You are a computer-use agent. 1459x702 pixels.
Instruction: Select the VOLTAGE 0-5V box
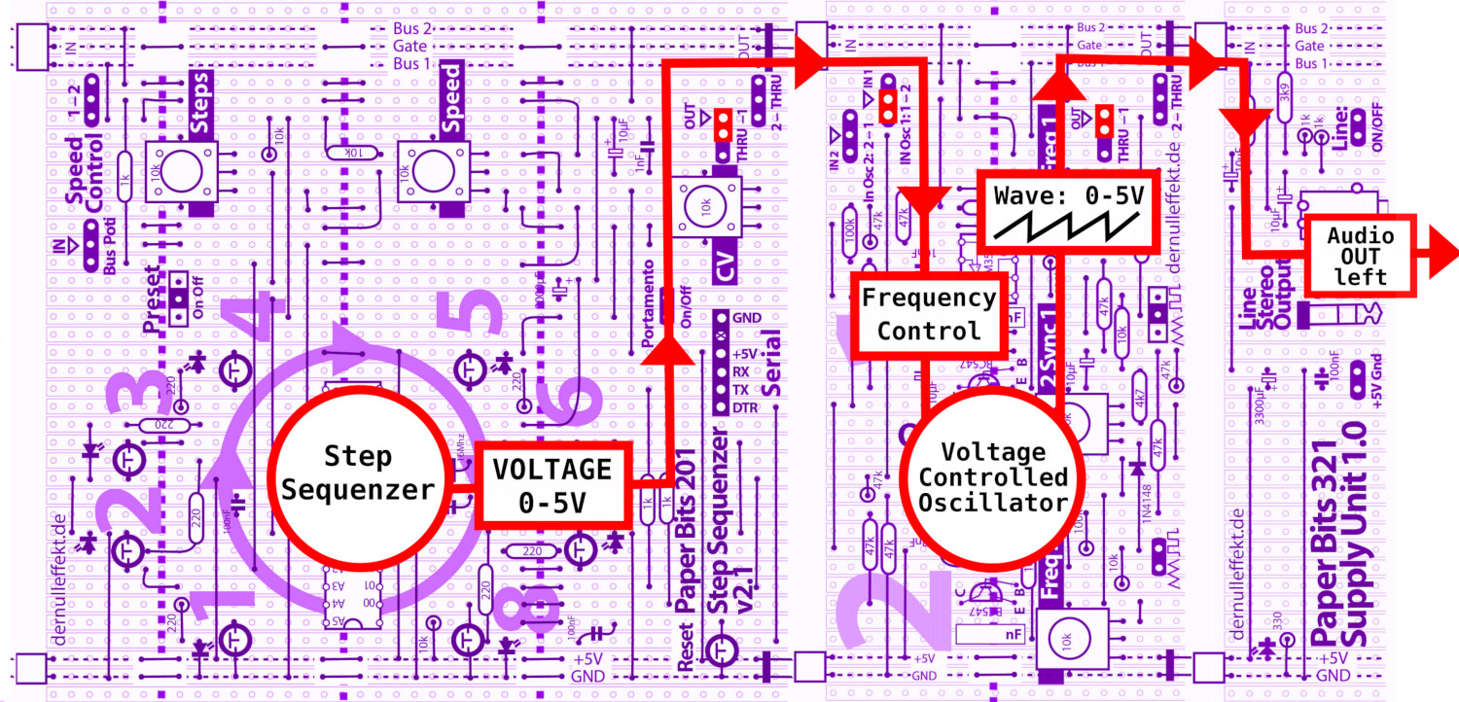coord(552,486)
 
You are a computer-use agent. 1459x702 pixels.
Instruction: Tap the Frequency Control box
coord(928,313)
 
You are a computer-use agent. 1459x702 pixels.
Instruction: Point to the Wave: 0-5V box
coord(1067,210)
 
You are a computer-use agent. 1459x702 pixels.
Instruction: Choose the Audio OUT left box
coord(1360,256)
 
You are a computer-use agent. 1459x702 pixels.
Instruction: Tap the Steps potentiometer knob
coord(180,172)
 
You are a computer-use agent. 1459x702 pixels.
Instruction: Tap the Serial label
coord(775,362)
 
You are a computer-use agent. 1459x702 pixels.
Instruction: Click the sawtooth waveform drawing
coord(1067,229)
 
